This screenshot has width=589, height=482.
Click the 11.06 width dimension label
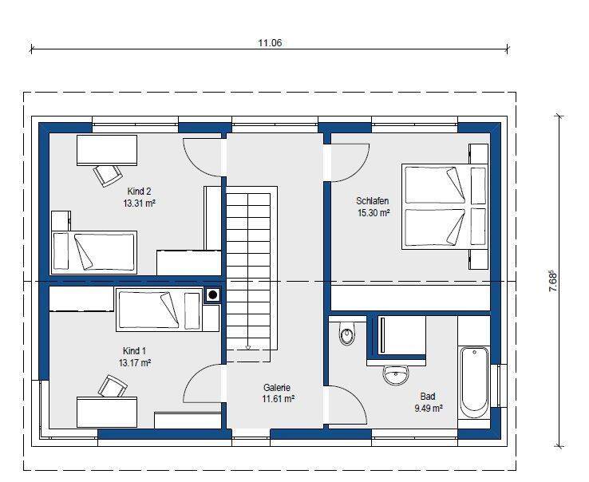270,43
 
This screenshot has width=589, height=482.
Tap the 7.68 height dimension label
553,281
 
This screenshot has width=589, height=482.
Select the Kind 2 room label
139,192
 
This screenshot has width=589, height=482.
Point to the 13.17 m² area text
135,363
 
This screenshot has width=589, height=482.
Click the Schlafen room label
372,200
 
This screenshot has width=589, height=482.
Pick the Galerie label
277,387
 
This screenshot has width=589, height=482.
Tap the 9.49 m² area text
429,409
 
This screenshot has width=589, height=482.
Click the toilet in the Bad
346,334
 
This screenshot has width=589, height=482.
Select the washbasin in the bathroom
396,374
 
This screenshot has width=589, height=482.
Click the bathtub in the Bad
474,382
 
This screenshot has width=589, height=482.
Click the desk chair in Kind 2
108,175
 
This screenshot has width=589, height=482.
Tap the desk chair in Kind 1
113,385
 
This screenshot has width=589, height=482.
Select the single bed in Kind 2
94,252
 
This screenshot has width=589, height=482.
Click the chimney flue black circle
213,295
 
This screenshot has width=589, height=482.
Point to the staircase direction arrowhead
248,347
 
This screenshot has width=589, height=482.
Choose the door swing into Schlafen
350,164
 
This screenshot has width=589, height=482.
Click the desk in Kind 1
107,412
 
